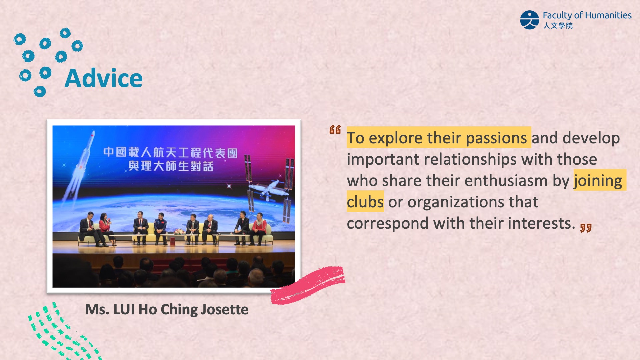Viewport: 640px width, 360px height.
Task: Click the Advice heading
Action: point(104,78)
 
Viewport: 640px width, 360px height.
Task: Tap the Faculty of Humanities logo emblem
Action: point(529,20)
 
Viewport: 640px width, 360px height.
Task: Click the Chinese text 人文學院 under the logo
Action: point(558,26)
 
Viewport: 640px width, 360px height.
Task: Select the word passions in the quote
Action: point(496,138)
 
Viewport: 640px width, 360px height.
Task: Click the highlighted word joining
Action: point(598,181)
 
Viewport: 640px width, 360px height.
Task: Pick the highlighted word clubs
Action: point(365,202)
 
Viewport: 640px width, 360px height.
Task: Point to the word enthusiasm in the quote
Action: point(506,181)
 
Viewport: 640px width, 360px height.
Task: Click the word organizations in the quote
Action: point(456,202)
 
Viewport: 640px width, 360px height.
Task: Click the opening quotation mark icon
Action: point(335,130)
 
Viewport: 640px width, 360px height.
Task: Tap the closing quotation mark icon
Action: point(586,228)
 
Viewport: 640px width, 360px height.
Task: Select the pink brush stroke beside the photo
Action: point(307,285)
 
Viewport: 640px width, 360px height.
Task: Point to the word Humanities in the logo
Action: point(608,15)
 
